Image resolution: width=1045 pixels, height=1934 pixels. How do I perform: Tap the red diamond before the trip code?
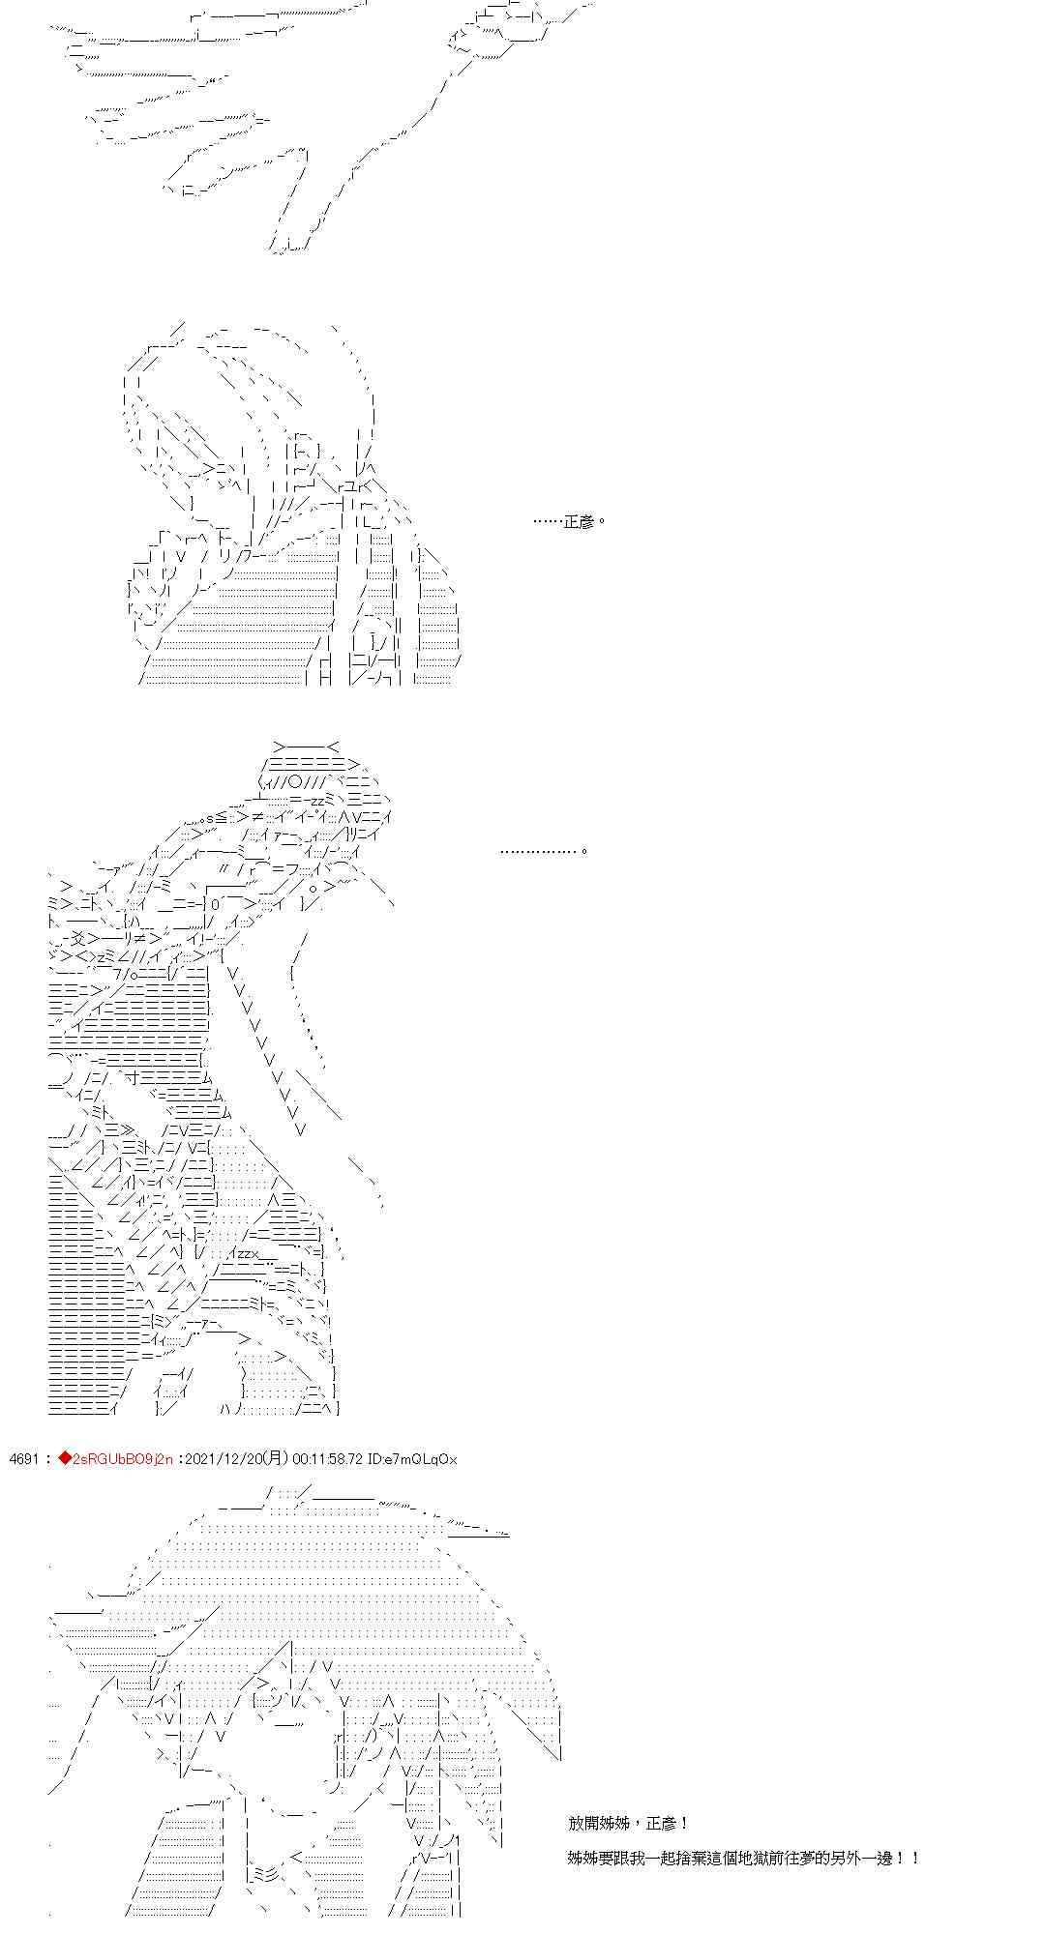(65, 1459)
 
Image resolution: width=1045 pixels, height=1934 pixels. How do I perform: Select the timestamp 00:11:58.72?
(323, 1459)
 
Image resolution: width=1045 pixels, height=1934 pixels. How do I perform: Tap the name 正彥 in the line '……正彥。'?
(581, 521)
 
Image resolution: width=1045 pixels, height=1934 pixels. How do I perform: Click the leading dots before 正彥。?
(549, 522)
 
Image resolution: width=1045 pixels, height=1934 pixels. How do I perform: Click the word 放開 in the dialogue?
(584, 1823)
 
